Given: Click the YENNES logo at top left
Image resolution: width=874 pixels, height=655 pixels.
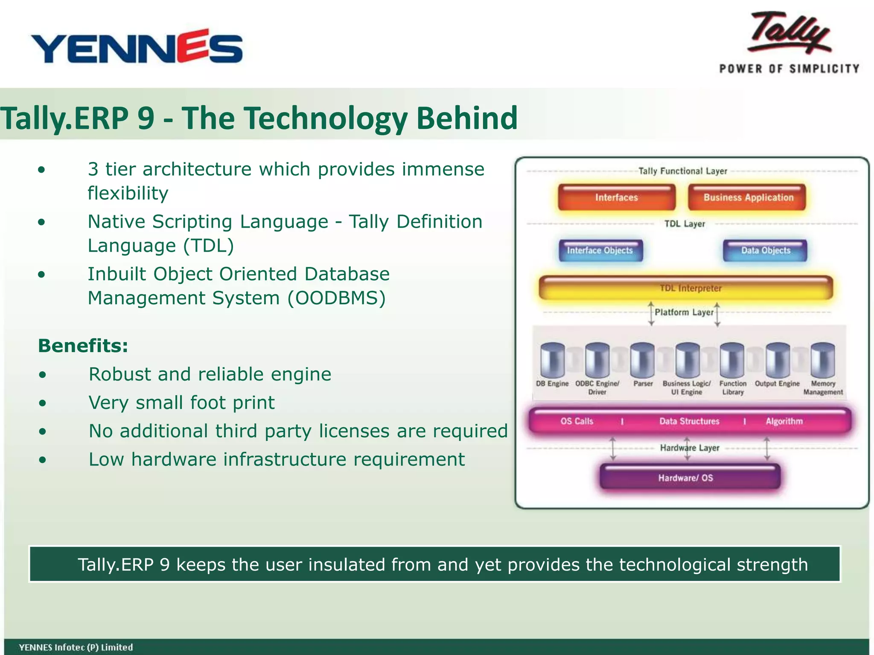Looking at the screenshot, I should click(137, 47).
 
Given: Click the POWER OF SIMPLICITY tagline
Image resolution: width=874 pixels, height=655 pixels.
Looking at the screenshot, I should click(789, 69).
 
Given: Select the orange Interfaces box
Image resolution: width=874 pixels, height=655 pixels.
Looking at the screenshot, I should click(616, 197).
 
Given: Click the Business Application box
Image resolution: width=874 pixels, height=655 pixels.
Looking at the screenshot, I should click(748, 197).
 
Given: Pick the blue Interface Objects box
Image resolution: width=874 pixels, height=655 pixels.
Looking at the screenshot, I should click(600, 250).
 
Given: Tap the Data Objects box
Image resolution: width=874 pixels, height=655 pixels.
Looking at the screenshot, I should click(765, 250).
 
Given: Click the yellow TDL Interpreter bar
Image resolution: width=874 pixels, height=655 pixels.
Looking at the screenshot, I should click(686, 288).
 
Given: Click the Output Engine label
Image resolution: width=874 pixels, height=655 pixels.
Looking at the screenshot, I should click(777, 384).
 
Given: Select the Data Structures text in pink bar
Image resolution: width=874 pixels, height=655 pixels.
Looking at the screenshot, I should click(689, 421).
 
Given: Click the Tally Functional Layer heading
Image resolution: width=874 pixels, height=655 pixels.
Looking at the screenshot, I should click(682, 171).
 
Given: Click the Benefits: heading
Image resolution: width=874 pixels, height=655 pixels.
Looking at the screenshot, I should click(83, 345).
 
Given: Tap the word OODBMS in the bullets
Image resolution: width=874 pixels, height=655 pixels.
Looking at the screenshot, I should click(336, 298).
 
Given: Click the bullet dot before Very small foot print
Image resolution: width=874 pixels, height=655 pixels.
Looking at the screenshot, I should click(42, 403).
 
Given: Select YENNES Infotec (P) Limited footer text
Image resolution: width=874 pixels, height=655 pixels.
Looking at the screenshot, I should click(76, 647).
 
